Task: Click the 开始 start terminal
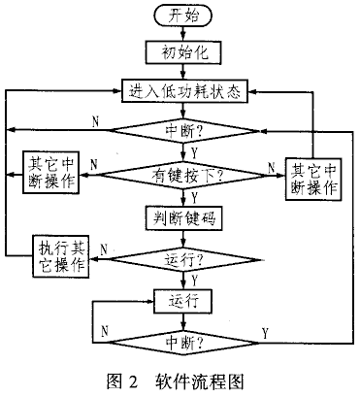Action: [183, 16]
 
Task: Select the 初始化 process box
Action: [183, 51]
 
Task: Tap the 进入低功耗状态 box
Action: [184, 91]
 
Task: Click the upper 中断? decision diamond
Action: [183, 131]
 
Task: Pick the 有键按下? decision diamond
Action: [183, 176]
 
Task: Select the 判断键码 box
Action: [183, 218]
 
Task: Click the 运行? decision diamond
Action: [183, 259]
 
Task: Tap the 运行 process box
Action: [183, 302]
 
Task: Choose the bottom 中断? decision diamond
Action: [183, 343]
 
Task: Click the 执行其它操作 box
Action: [61, 256]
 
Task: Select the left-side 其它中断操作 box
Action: [51, 173]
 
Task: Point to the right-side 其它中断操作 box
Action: [313, 179]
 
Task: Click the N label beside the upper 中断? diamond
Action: [95, 122]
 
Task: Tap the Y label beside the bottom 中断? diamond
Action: [265, 333]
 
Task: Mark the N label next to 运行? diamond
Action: [104, 249]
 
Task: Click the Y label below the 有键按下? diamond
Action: [194, 198]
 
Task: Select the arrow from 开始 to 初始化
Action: [183, 33]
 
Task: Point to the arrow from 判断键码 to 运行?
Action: [183, 239]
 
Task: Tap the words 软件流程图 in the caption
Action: [199, 381]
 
